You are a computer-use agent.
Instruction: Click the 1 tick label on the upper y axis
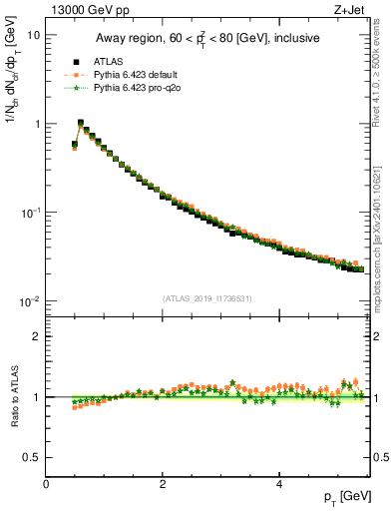pyautogui.click(x=37, y=124)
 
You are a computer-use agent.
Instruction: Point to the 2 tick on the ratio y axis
pyautogui.click(x=37, y=336)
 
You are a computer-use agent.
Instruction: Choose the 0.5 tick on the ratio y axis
pyautogui.click(x=33, y=457)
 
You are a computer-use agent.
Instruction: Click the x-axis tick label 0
pyautogui.click(x=46, y=483)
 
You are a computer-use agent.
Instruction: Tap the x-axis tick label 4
pyautogui.click(x=279, y=483)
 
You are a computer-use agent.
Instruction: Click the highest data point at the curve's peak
pyautogui.click(x=80, y=124)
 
